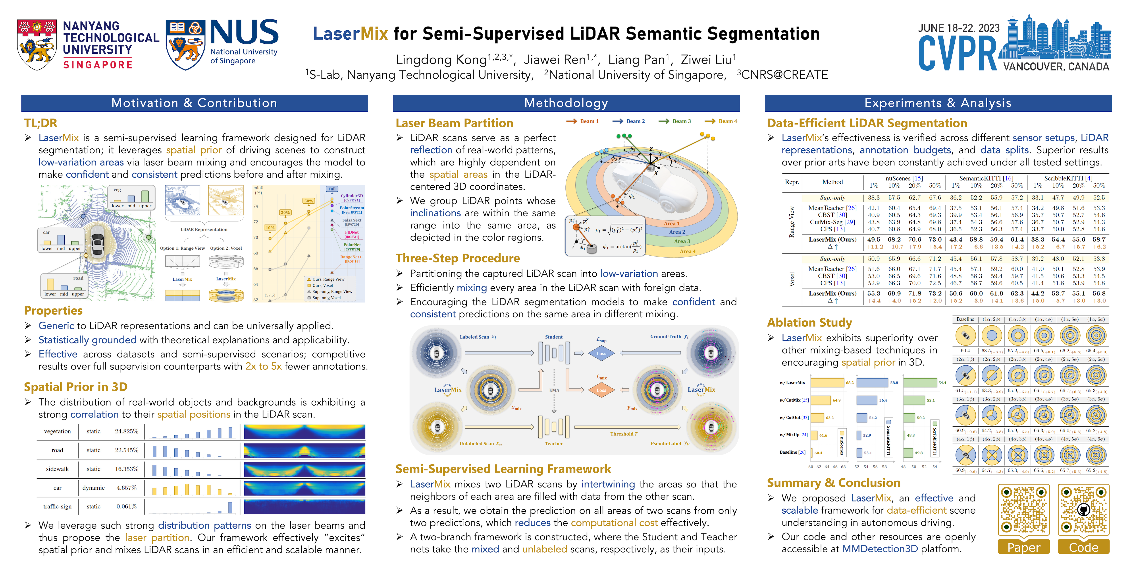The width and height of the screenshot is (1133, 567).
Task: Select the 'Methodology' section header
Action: click(x=566, y=103)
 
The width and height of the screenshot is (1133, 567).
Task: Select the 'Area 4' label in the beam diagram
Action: click(x=688, y=251)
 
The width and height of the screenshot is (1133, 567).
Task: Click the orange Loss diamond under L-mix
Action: click(x=601, y=390)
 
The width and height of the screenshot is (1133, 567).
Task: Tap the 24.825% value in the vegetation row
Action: click(x=126, y=431)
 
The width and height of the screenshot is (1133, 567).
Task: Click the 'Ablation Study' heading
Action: click(x=809, y=323)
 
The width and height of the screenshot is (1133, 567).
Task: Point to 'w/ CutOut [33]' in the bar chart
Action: click(x=794, y=417)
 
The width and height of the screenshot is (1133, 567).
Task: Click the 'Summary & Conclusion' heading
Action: click(x=833, y=483)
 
